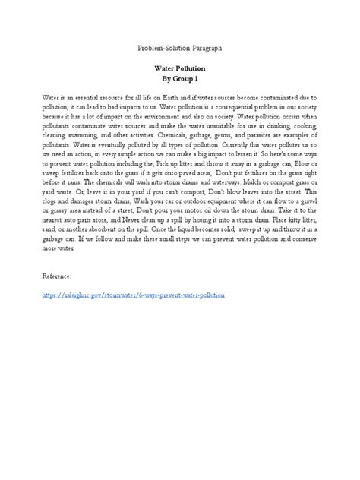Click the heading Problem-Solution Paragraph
[x=179, y=48]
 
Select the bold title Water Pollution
[x=179, y=68]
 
